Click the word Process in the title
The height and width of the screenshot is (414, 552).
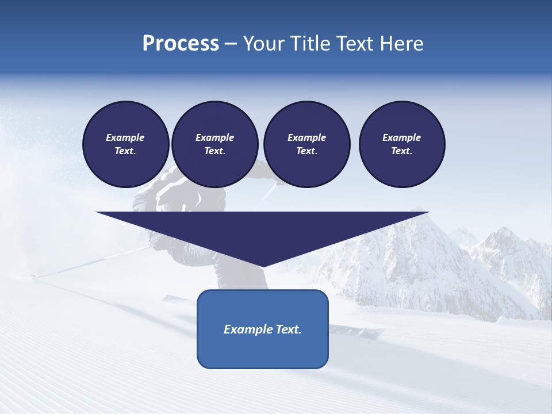[x=181, y=44]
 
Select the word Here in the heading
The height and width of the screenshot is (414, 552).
[x=402, y=44]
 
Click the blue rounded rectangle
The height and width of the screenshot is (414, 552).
[x=263, y=351]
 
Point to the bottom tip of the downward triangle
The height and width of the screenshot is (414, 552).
[x=263, y=266]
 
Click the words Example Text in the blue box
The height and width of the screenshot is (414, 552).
[x=263, y=329]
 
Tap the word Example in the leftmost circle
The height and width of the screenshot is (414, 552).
[x=125, y=137]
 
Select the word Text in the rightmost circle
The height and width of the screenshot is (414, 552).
[x=401, y=151]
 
